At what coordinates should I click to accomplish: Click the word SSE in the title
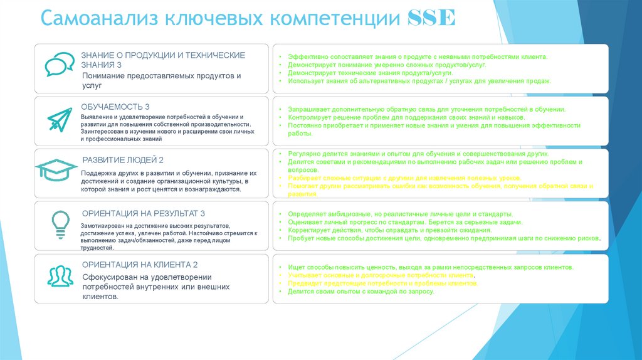pyautogui.click(x=431, y=18)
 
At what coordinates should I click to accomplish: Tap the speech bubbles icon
pyautogui.click(x=60, y=64)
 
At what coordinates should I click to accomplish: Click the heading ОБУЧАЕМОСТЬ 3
pyautogui.click(x=116, y=107)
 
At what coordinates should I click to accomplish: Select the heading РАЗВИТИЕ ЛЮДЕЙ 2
pyautogui.click(x=123, y=160)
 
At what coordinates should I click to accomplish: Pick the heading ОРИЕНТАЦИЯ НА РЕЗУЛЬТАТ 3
pyautogui.click(x=144, y=213)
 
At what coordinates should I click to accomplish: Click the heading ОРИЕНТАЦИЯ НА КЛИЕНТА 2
pyautogui.click(x=140, y=265)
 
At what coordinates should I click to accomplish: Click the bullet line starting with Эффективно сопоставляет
pyautogui.click(x=418, y=56)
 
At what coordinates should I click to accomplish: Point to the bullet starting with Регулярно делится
pyautogui.click(x=418, y=154)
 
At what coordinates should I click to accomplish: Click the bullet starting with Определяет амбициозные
pyautogui.click(x=401, y=214)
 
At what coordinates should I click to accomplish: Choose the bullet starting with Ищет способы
pyautogui.click(x=430, y=267)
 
